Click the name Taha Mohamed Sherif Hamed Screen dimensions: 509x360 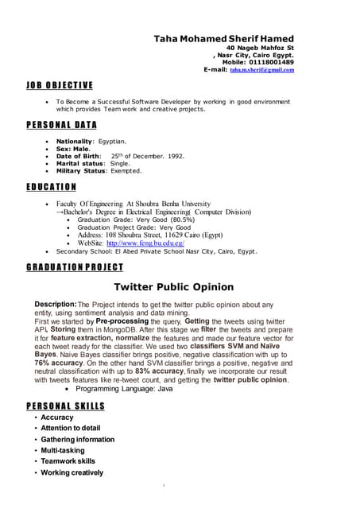[223, 38]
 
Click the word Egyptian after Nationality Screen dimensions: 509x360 [112, 141]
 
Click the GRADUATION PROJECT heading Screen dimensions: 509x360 [72, 267]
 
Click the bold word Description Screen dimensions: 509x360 [55, 305]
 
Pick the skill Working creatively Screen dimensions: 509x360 [72, 472]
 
